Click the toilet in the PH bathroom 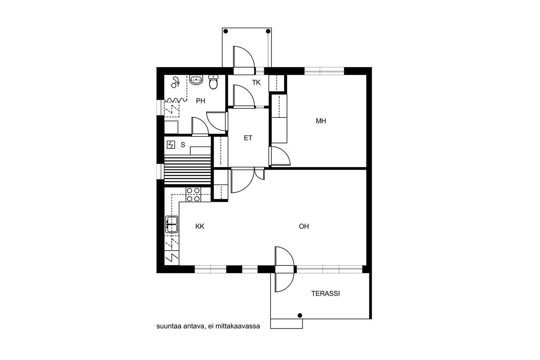click(x=213, y=82)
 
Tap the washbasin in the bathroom click(x=196, y=80)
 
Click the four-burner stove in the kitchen click(x=193, y=195)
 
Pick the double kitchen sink click(x=172, y=224)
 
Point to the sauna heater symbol click(x=171, y=145)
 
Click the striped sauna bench click(x=188, y=170)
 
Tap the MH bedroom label click(x=321, y=121)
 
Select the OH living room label click(x=304, y=226)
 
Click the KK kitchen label click(x=200, y=226)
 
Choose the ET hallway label click(x=248, y=138)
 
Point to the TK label click(x=256, y=83)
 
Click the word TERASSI click(x=325, y=294)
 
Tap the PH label click(x=200, y=101)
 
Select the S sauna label click(x=183, y=145)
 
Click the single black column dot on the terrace click(x=300, y=315)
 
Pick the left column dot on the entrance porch click(x=226, y=31)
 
